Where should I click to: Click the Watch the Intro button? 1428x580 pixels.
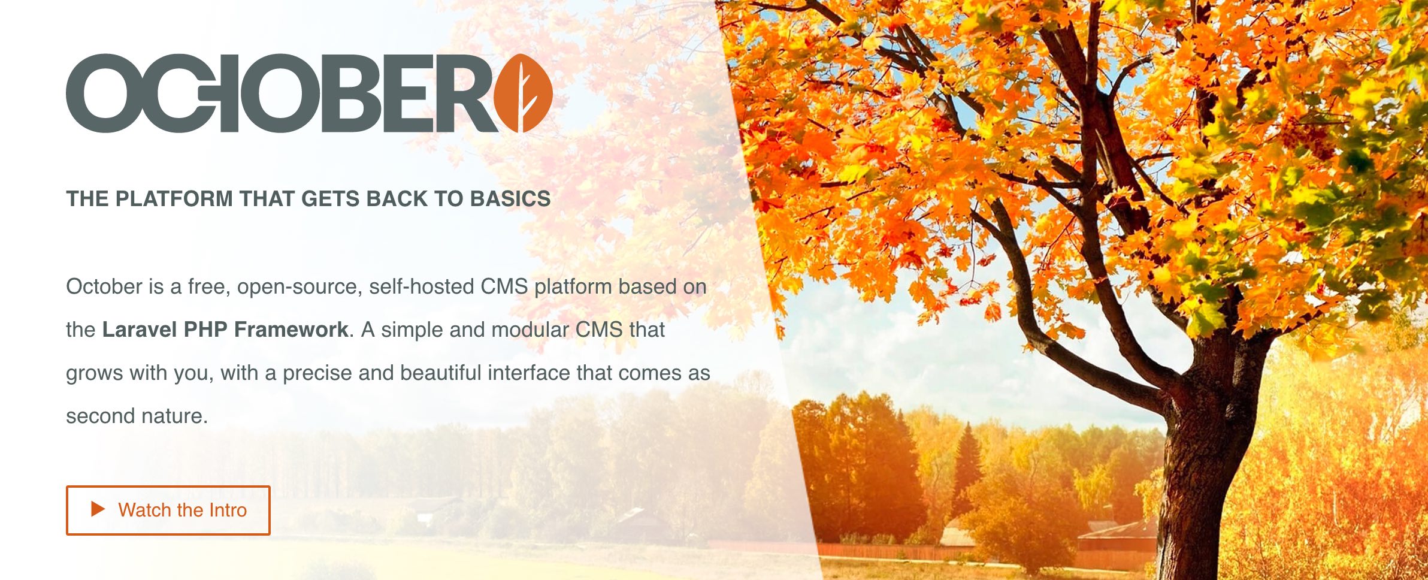coord(168,510)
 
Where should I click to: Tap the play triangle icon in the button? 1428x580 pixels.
coord(98,509)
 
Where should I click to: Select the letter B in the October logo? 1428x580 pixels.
coord(353,93)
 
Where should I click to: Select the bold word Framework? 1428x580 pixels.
coord(291,330)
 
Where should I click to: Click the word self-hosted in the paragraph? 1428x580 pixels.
coord(422,286)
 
